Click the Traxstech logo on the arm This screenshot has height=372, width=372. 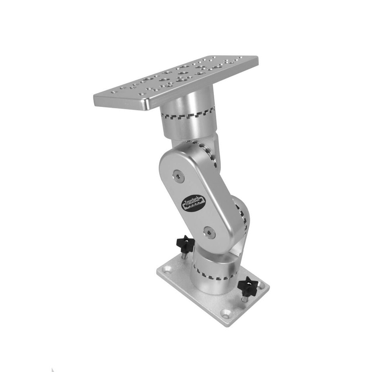pos(192,203)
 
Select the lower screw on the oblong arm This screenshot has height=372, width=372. pos(209,232)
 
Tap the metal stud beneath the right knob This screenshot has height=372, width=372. pos(245,298)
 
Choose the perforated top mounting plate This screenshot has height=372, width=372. pos(177,79)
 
